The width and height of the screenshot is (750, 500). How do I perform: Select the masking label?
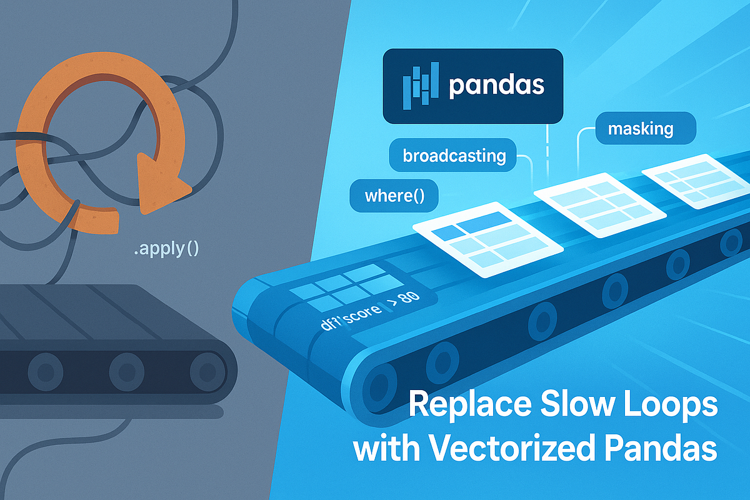coord(641,129)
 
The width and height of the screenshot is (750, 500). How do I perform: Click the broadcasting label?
coord(454,155)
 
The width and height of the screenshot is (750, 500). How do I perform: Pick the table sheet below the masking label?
coord(690,181)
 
